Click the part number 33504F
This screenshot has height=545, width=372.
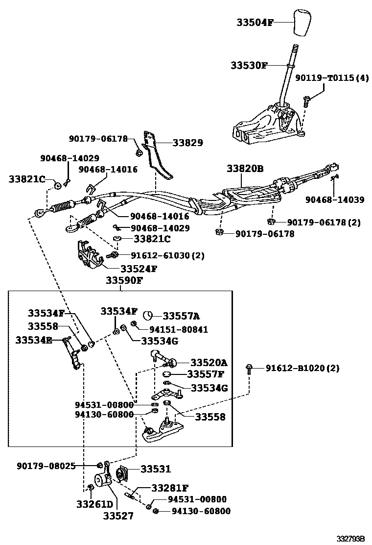coord(255,22)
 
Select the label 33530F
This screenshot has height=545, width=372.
coord(249,66)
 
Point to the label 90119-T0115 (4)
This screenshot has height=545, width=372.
coord(331,78)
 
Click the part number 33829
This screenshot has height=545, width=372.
coord(187,143)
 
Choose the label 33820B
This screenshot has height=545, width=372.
coord(245,169)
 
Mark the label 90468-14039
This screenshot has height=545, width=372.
coord(335,199)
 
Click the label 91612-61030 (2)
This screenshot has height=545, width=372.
coord(167,255)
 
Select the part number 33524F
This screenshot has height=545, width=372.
coord(139,269)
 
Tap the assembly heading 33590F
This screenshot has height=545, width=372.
coord(124,281)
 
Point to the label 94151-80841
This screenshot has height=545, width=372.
coord(171,330)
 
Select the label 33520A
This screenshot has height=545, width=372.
coord(209,363)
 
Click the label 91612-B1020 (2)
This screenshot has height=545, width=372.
coord(302,368)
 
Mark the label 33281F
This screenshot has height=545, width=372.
coord(169,488)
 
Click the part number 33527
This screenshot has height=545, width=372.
coord(117,516)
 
